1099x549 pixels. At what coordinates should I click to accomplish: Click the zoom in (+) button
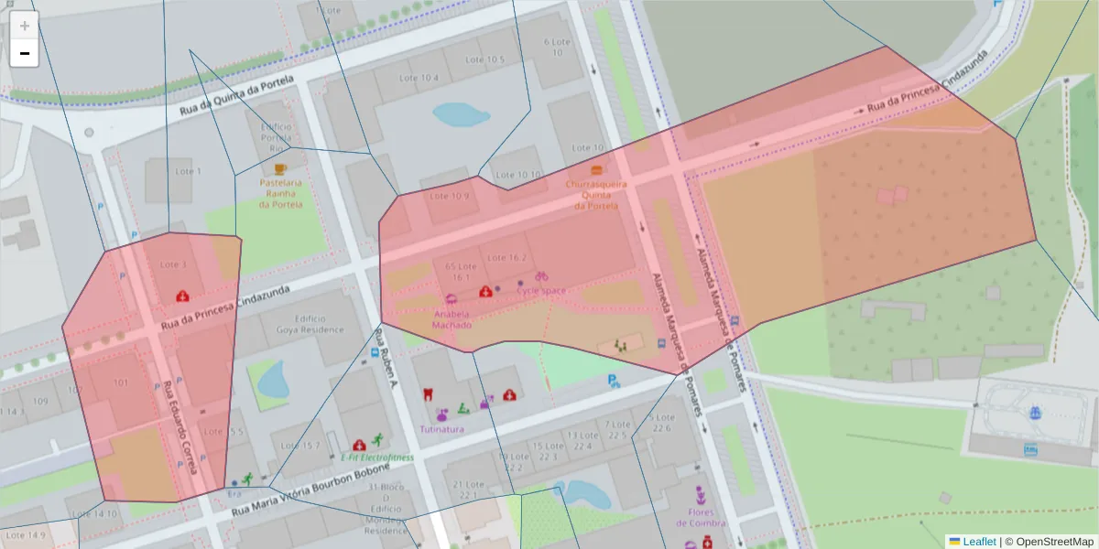[x=25, y=26]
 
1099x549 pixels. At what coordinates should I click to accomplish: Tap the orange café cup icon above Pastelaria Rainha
[x=279, y=169]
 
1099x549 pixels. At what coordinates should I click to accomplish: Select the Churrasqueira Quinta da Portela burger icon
[x=597, y=170]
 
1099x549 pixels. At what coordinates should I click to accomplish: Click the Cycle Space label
[x=541, y=290]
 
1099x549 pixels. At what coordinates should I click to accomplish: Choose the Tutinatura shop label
[x=441, y=428]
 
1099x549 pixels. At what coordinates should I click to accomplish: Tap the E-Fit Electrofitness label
[x=376, y=457]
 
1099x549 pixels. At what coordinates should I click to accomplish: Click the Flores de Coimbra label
[x=701, y=518]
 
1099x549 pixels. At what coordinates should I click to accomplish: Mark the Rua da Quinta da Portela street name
[x=236, y=94]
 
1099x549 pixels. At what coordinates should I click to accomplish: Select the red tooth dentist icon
[x=426, y=394]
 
